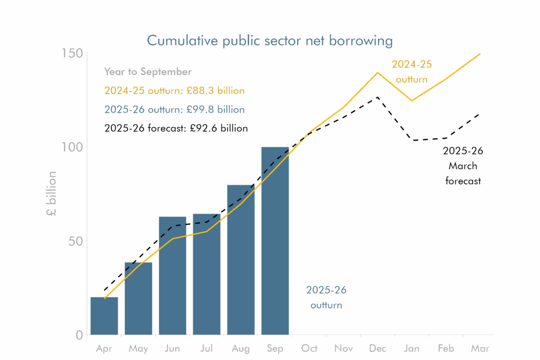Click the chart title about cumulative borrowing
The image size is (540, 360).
269,41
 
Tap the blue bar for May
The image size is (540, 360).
138,298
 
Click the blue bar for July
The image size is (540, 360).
207,274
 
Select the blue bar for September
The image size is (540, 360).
275,240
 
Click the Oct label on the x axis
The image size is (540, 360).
310,348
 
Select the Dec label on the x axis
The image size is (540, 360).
378,348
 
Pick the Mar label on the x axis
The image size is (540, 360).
479,348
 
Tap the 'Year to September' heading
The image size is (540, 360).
148,72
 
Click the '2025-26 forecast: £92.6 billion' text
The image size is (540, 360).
176,128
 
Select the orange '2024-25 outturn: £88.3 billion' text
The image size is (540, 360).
175,91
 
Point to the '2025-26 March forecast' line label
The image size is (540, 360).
462,166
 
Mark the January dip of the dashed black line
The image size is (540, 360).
414,140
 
